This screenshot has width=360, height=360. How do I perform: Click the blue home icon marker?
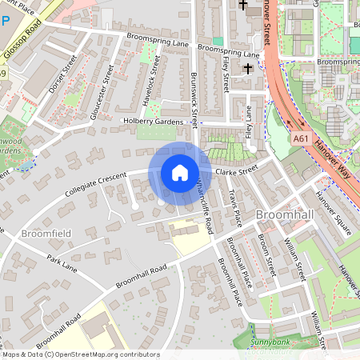tap(180, 173)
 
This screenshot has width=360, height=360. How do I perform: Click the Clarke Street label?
tap(238, 169)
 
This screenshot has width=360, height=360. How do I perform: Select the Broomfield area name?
tap(47, 234)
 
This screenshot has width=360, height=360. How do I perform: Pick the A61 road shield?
tap(301, 138)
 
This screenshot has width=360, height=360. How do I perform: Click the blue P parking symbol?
tap(6, 22)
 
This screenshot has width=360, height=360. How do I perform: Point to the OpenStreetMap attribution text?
tap(80, 354)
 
